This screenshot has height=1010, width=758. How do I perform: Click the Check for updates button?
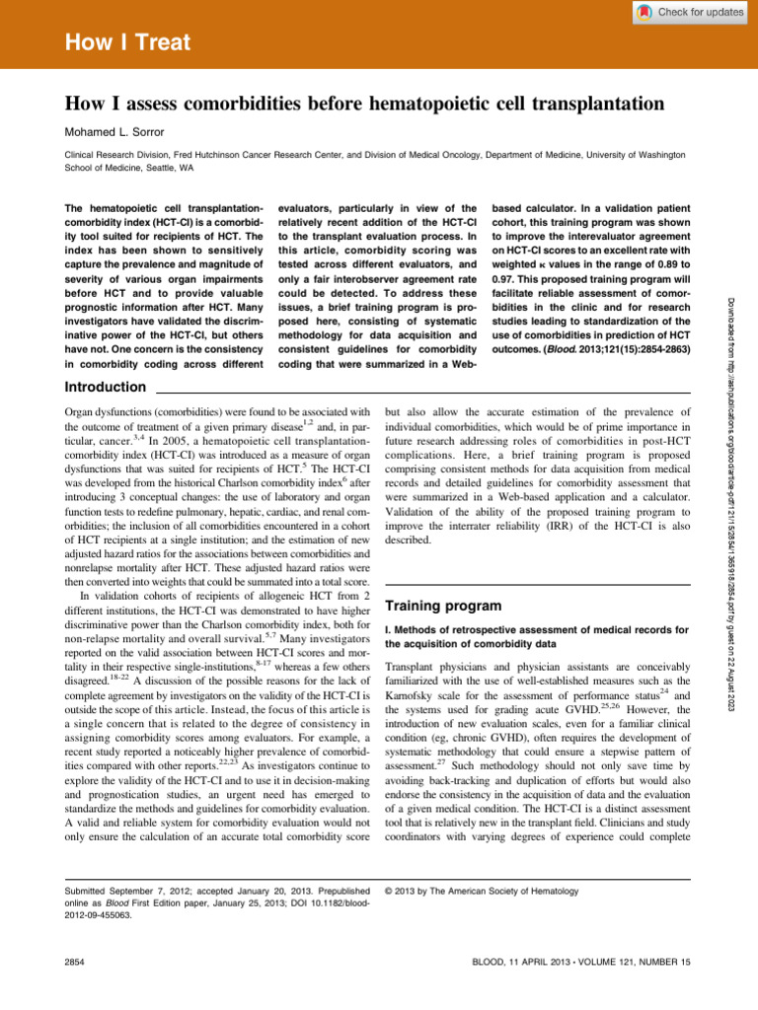690,12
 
